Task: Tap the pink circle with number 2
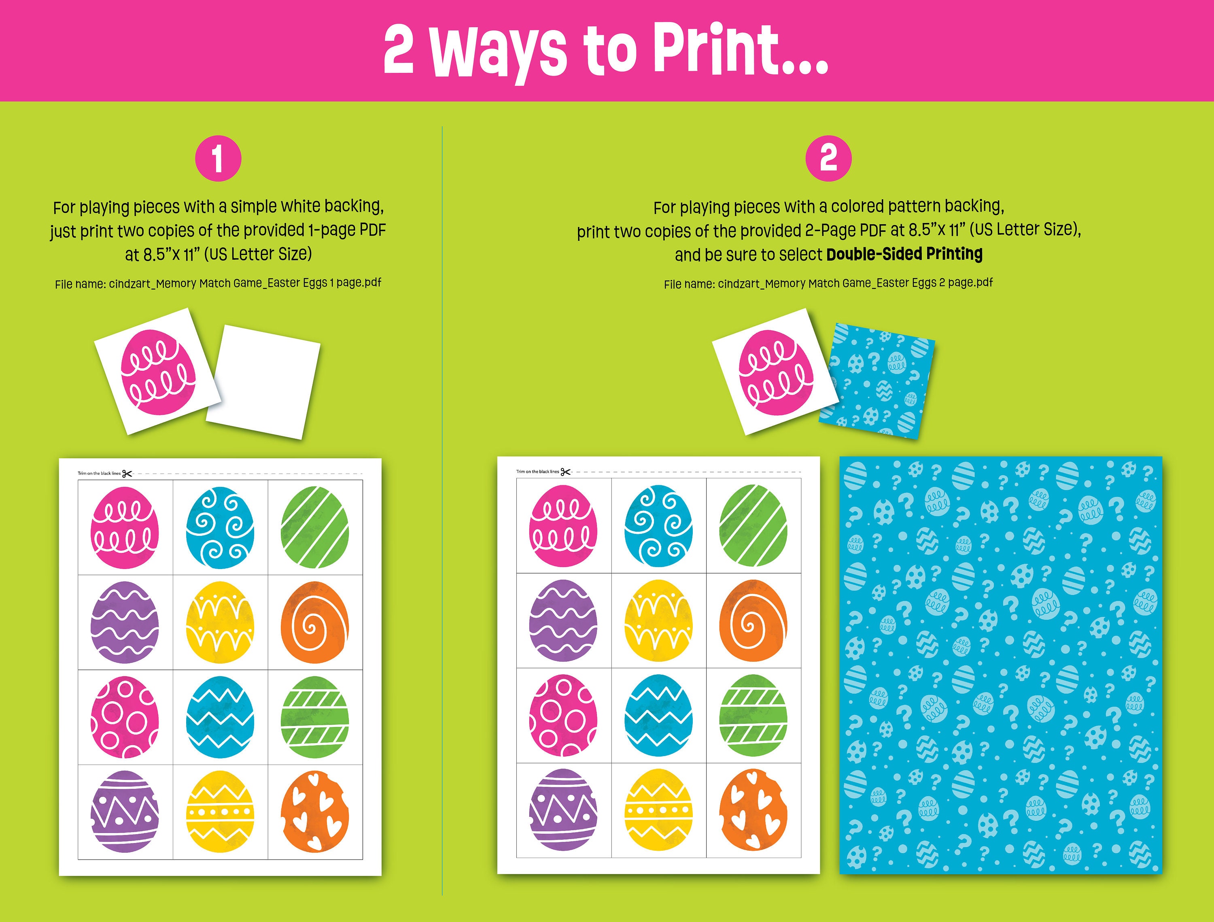click(828, 159)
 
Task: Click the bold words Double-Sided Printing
click(904, 254)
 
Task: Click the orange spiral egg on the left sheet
click(314, 622)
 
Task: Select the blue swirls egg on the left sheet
click(220, 527)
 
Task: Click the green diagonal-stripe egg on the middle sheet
click(753, 526)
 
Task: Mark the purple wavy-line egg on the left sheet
click(125, 622)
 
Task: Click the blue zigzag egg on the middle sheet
click(658, 715)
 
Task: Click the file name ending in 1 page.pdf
click(218, 284)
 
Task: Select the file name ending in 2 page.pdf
click(828, 284)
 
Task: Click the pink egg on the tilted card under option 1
click(157, 372)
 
